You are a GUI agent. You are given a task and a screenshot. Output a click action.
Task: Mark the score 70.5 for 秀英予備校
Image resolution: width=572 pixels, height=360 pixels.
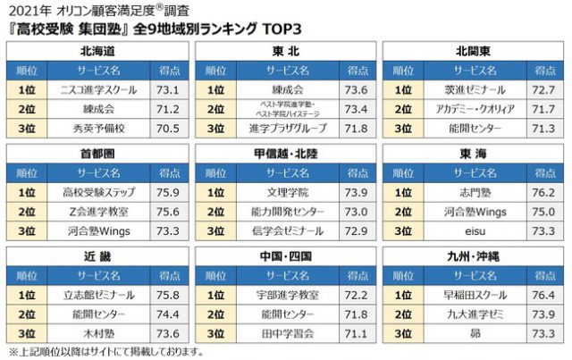coord(169,128)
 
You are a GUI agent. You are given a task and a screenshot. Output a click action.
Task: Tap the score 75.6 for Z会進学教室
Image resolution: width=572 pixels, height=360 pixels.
coord(169,212)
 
